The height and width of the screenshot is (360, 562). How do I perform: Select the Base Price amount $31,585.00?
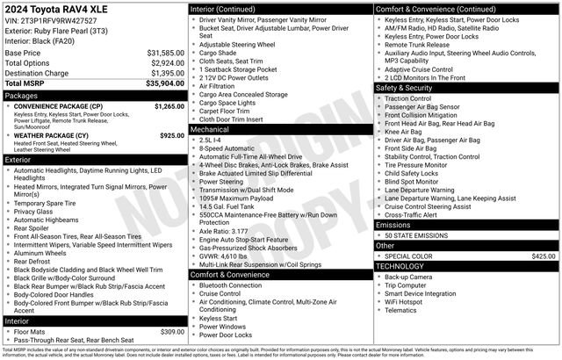[x=165, y=54]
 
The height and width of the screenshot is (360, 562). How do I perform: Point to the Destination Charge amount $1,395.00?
[x=165, y=73]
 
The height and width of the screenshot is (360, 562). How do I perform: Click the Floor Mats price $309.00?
[x=172, y=331]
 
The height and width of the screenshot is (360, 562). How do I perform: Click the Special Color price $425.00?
[x=544, y=256]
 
